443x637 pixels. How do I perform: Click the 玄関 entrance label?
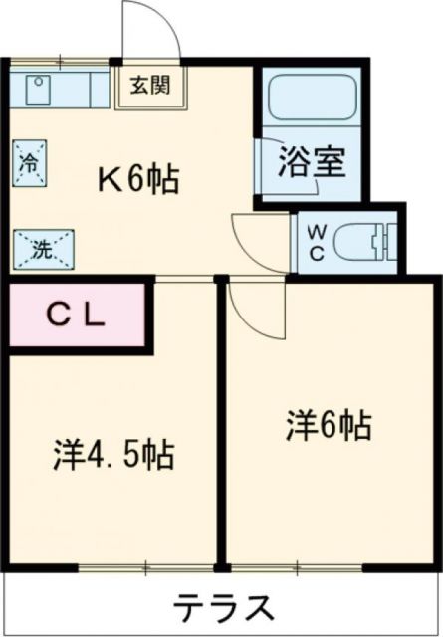pos(146,84)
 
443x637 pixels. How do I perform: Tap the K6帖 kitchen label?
pos(138,179)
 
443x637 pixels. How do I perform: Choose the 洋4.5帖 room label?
pos(113,456)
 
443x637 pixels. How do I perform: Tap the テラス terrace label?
pos(225,605)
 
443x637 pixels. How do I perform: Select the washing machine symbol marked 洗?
pos(41,249)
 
